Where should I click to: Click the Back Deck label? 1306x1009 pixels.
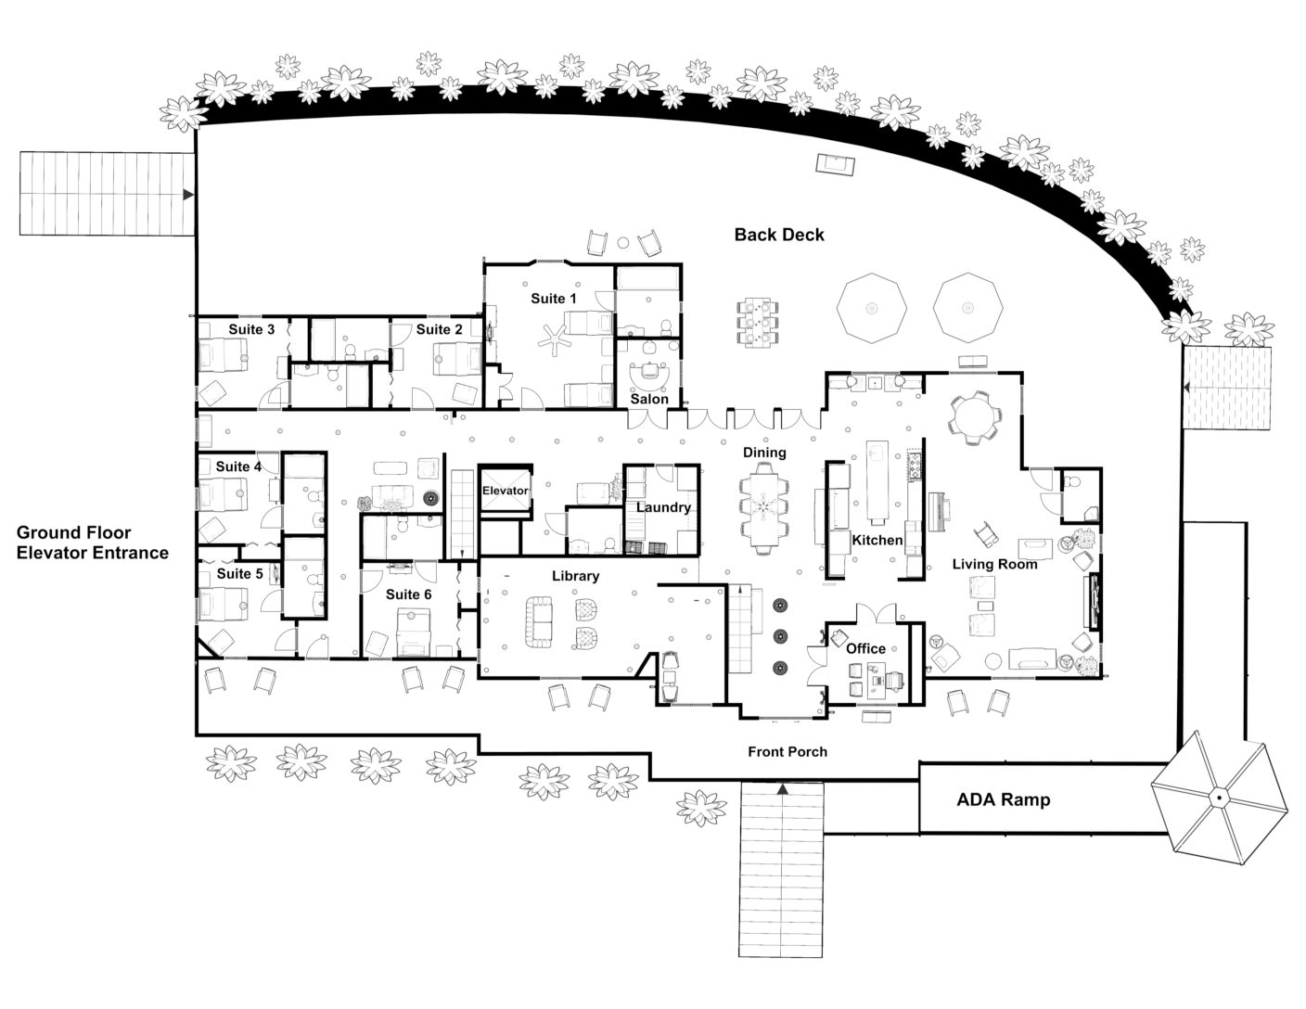click(778, 235)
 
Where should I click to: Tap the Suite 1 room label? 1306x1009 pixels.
click(553, 299)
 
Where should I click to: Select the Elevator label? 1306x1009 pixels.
click(505, 491)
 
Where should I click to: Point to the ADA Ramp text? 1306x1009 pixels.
click(1003, 799)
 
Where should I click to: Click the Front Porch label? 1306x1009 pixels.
click(787, 751)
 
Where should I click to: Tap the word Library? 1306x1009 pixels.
click(575, 576)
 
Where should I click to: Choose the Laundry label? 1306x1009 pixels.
click(663, 507)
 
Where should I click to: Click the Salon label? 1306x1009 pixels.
click(649, 399)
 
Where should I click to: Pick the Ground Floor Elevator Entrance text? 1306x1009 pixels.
click(93, 543)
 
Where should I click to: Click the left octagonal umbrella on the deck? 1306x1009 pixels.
click(871, 307)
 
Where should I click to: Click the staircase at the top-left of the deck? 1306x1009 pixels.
click(107, 194)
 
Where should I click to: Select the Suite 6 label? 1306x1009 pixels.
click(408, 594)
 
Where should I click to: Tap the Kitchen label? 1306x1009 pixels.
click(877, 540)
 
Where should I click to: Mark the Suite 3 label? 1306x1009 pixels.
click(251, 329)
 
